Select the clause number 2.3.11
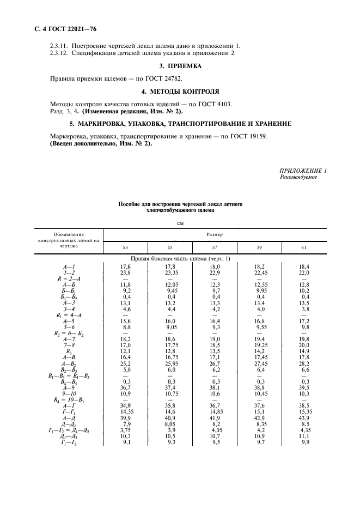coord(60,46)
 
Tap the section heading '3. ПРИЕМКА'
coord(179,66)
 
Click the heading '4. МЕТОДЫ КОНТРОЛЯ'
coord(179,91)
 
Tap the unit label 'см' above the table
coord(180,223)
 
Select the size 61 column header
coord(303,247)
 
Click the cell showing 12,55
coord(259,284)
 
